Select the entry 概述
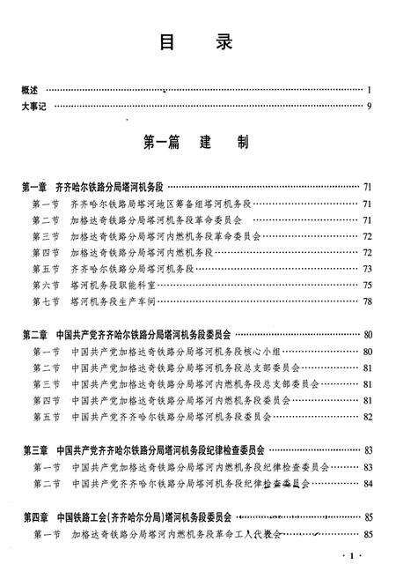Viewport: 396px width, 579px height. pos(29,90)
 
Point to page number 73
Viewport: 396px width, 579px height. pos(367,269)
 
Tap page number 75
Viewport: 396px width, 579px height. pos(367,285)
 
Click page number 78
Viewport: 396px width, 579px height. pos(367,301)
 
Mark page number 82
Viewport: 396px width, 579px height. pos(367,416)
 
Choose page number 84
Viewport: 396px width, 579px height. pos(367,483)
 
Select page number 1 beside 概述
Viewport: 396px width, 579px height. pos(370,90)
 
